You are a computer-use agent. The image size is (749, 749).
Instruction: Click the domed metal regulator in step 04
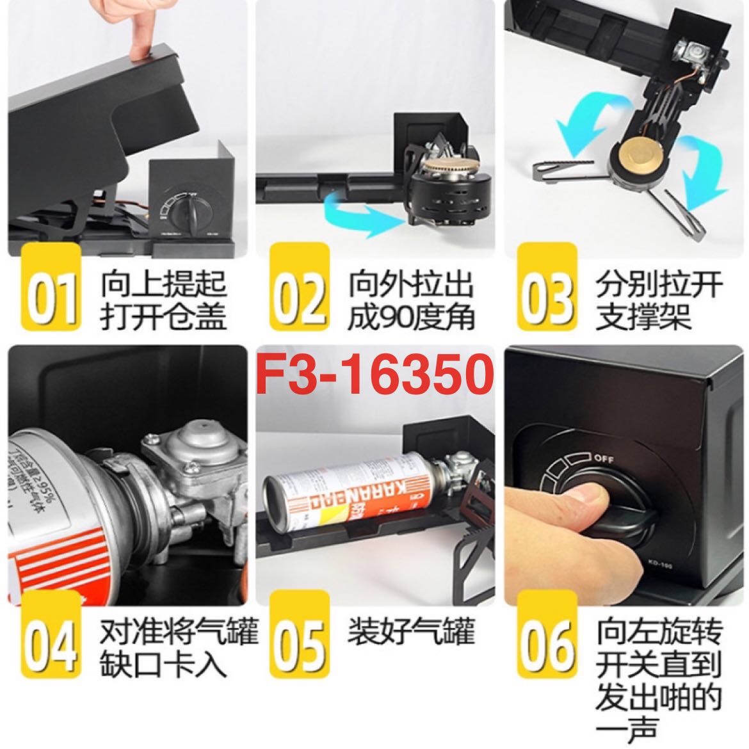pos(192,451)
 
